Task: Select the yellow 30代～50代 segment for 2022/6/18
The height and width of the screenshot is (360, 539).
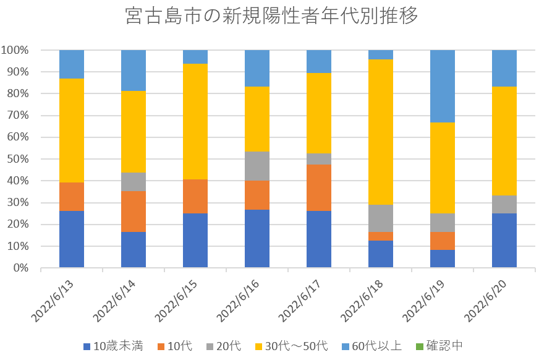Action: (381, 132)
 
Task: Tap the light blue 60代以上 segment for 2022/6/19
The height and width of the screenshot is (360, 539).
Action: (443, 86)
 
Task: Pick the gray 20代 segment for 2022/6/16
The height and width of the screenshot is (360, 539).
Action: (257, 166)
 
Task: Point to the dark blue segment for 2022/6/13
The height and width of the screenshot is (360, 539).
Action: (72, 239)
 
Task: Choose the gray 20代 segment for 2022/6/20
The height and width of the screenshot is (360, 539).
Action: (504, 204)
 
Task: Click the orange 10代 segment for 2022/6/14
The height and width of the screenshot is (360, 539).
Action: (134, 212)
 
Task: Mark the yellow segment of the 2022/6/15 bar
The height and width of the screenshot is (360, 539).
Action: (195, 121)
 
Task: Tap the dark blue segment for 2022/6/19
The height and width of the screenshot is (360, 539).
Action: (443, 259)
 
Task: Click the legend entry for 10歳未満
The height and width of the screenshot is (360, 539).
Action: (113, 346)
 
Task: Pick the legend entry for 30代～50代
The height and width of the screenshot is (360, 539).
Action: (292, 346)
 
